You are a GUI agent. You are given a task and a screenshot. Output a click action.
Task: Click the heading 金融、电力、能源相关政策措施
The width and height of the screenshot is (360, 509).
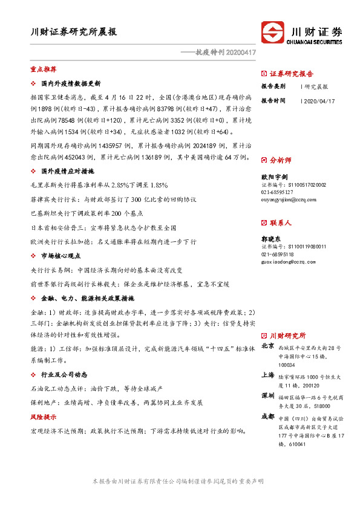(x=87, y=299)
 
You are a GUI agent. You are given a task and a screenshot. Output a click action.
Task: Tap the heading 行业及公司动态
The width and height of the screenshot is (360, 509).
(x=65, y=375)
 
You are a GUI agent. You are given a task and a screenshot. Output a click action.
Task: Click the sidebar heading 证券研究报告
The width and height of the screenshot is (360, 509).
(x=291, y=74)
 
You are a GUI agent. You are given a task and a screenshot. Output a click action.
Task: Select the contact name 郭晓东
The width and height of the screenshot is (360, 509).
(x=271, y=238)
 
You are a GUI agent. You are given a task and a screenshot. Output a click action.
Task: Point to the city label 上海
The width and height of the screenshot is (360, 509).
(x=268, y=375)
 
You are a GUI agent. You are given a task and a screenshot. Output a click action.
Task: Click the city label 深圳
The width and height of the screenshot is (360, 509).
(x=268, y=395)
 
